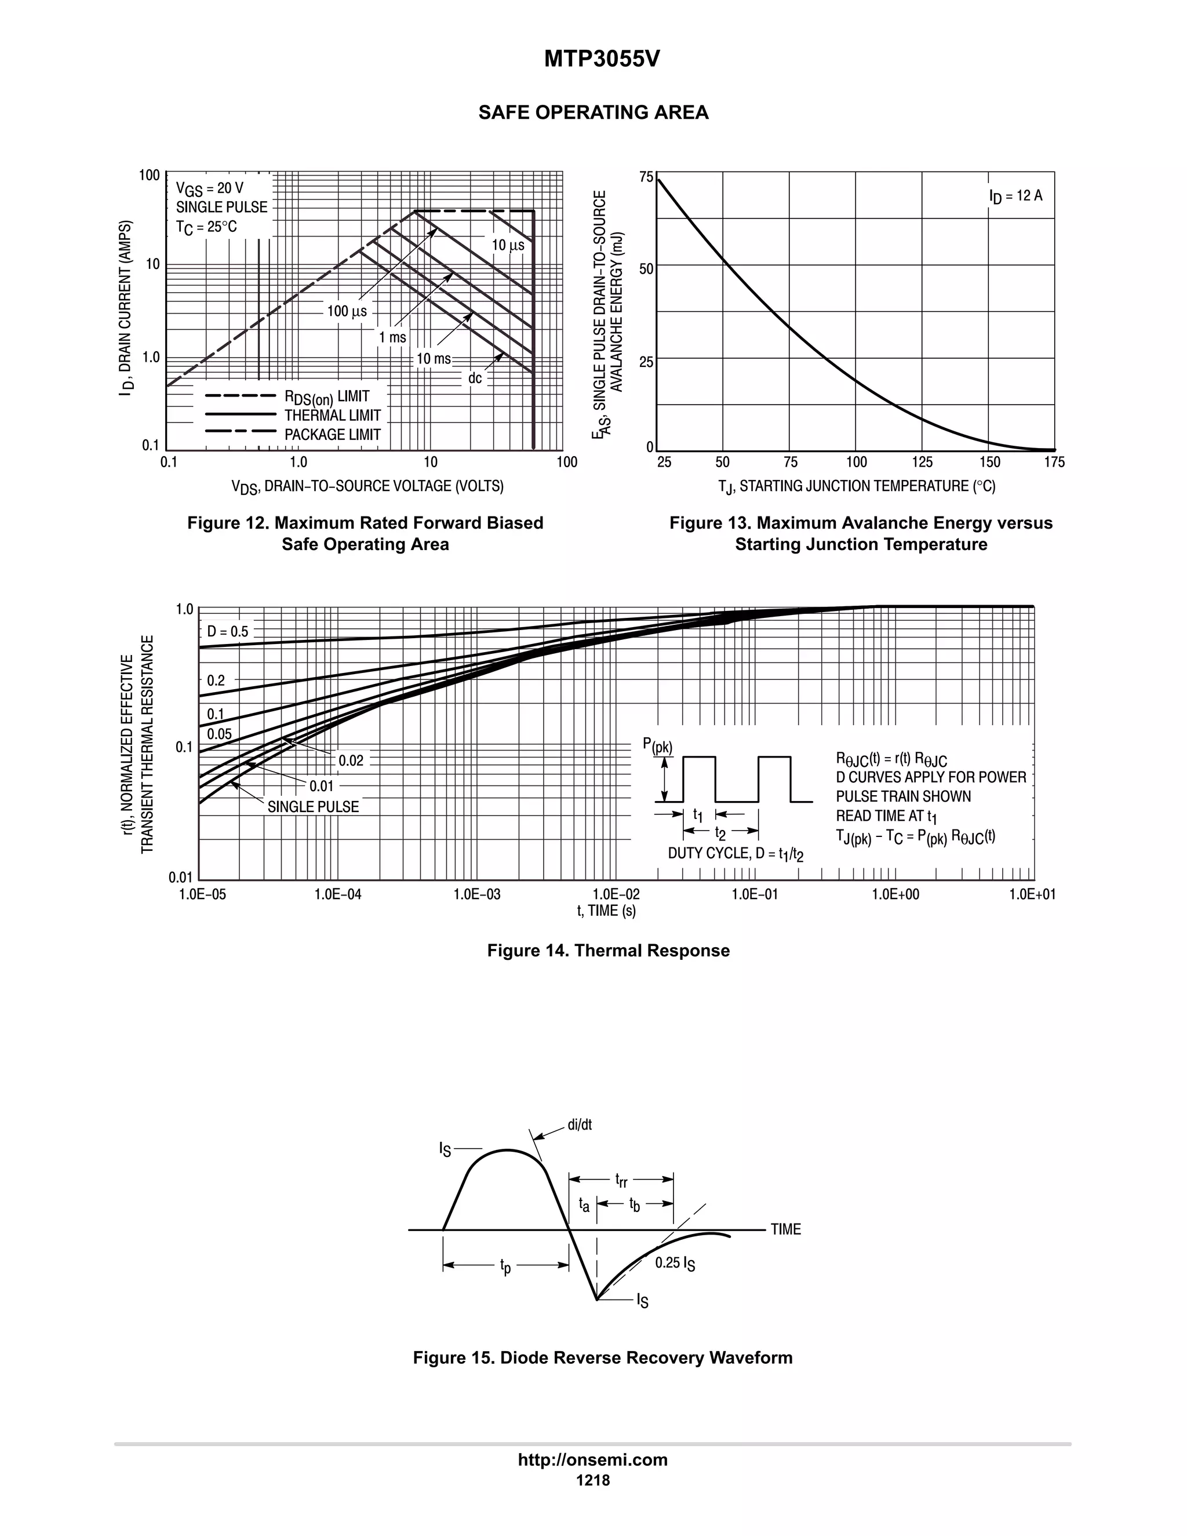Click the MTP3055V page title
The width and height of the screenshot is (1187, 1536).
(602, 60)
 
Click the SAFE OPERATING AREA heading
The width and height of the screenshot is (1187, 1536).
(593, 112)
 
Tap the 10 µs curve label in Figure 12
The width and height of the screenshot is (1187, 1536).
(508, 245)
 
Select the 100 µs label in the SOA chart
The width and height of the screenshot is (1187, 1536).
(347, 311)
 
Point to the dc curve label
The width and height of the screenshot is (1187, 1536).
(475, 378)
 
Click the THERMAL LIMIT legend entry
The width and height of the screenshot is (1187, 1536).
(332, 416)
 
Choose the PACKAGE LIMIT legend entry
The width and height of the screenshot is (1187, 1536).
(332, 435)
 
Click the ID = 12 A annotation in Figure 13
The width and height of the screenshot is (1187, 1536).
(1015, 196)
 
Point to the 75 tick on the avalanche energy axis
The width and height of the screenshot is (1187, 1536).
(646, 177)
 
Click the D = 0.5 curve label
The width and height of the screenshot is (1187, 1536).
(228, 632)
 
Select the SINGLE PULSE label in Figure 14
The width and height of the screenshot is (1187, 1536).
(313, 807)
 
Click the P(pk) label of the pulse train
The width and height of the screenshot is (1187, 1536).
(657, 745)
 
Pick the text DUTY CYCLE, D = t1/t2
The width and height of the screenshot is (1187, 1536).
(735, 854)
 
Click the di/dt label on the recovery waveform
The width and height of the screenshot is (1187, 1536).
(580, 1124)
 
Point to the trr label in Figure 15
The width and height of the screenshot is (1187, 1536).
(621, 1180)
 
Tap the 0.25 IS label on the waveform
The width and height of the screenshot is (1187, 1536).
(675, 1263)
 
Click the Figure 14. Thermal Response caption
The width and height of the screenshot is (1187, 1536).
(608, 950)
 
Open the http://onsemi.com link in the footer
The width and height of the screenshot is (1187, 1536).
(593, 1459)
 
